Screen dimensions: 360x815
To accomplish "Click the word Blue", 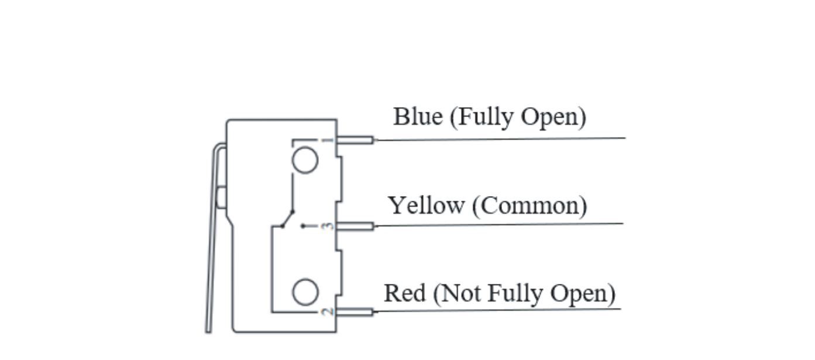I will [x=418, y=116].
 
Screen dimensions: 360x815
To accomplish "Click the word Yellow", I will [x=426, y=206].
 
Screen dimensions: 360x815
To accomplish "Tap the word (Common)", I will [x=529, y=206].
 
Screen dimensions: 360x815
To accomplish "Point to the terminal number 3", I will [x=329, y=226].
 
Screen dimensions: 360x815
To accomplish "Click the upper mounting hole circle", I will [x=305, y=160].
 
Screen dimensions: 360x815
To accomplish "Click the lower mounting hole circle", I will [x=305, y=292].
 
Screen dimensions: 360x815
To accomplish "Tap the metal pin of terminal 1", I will [x=356, y=140].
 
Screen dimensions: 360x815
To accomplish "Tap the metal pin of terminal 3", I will [x=356, y=226].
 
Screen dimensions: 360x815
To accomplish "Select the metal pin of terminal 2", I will [x=356, y=312].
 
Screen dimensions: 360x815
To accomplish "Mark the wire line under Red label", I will [x=497, y=310].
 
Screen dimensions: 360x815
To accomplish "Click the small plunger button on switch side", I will [x=221, y=197].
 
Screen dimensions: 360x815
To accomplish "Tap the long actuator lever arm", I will [x=212, y=263].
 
